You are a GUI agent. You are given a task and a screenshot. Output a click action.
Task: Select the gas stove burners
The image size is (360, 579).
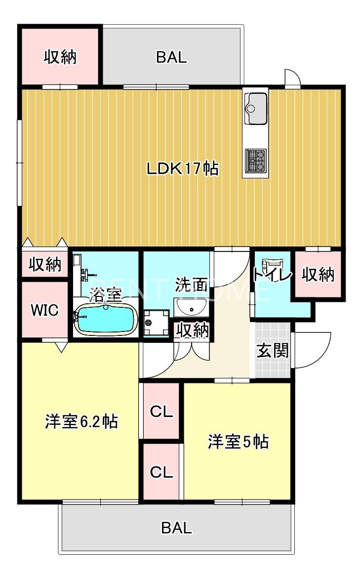[256, 159]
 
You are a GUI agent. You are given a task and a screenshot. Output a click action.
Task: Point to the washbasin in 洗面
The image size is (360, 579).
[191, 307]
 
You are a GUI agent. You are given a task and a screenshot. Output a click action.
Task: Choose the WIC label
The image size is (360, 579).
[45, 310]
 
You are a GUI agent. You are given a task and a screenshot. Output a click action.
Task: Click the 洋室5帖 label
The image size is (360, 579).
[238, 441]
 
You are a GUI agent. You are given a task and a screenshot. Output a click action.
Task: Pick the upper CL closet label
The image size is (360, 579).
[161, 412]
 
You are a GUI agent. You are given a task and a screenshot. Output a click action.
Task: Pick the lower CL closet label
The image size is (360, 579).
[161, 472]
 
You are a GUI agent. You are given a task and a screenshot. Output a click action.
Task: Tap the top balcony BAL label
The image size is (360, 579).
[171, 57]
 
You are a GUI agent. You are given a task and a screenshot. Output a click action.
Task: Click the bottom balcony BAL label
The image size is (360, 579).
[176, 528]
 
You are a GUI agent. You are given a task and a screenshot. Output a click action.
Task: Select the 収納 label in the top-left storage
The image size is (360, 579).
[60, 57]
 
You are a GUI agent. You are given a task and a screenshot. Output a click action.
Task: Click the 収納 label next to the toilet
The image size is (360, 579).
[318, 275]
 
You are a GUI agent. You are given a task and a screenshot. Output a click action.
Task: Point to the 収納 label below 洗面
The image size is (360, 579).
[193, 330]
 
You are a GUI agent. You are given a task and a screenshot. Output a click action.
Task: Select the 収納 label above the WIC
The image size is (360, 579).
[44, 265]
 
